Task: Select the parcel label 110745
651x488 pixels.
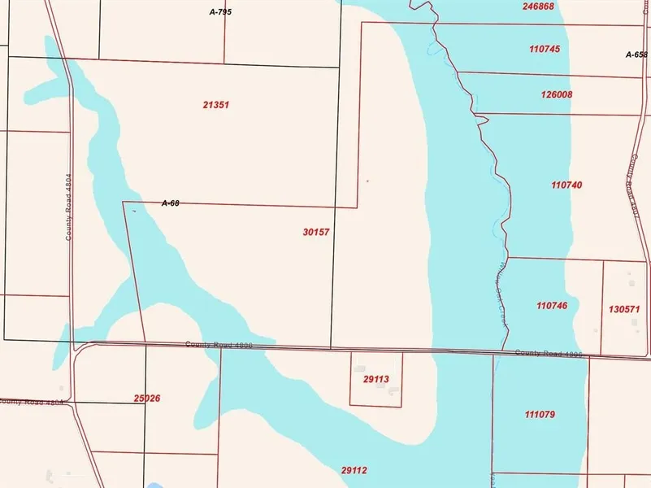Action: click(544, 49)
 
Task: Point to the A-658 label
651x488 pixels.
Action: click(637, 54)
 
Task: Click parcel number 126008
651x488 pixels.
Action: click(557, 94)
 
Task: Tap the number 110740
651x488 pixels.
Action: click(566, 185)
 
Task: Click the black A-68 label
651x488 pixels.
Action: click(171, 203)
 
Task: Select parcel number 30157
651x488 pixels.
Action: click(315, 232)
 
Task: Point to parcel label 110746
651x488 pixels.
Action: click(552, 306)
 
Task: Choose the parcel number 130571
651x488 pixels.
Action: click(624, 309)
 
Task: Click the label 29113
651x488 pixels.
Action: click(375, 379)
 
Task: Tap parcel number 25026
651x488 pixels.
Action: click(146, 399)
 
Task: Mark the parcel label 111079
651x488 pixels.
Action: click(540, 415)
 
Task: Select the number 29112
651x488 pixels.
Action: click(354, 470)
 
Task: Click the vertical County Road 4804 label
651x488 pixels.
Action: click(69, 206)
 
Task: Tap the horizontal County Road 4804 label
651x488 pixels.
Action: click(31, 402)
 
